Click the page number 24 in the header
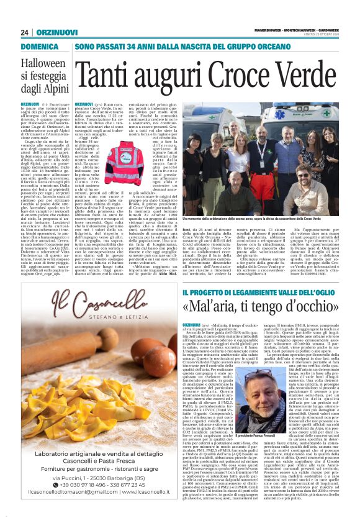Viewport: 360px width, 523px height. tap(25, 32)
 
